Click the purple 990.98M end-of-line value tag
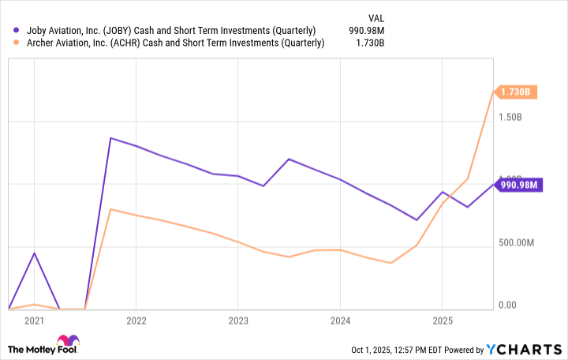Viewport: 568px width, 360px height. pos(518,186)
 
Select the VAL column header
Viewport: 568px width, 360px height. pos(378,16)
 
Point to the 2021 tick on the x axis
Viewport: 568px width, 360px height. pos(34,321)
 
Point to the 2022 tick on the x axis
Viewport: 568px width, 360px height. pos(136,321)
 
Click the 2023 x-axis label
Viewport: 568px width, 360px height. pos(237,321)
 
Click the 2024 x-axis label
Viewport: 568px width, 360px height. pos(340,321)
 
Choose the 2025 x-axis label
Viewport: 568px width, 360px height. pos(442,321)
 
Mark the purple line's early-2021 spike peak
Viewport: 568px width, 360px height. pos(34,253)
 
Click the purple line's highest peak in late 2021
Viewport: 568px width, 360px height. pos(110,138)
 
